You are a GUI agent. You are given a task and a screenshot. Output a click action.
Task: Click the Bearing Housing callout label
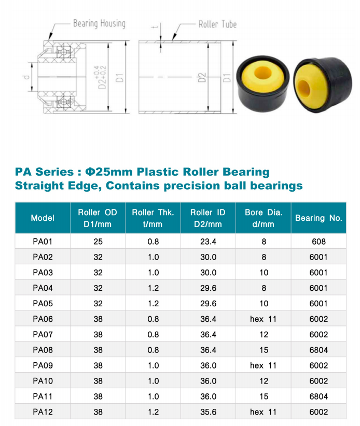[99, 24]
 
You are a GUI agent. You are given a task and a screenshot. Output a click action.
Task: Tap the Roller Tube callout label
[217, 24]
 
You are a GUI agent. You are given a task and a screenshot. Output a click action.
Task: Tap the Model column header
[43, 218]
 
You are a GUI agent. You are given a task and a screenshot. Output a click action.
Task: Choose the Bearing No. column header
[319, 218]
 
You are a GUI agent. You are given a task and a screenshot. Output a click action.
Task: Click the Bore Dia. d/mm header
[263, 218]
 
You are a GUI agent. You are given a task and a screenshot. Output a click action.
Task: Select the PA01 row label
[43, 241]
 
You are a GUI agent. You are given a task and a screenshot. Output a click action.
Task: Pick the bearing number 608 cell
[319, 241]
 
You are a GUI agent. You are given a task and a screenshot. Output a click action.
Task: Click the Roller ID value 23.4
[207, 241]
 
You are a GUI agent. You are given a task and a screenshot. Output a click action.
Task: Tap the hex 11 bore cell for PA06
[263, 319]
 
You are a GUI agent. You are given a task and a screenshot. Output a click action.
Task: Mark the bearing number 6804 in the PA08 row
[319, 350]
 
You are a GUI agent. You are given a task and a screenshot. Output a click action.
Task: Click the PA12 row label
[43, 412]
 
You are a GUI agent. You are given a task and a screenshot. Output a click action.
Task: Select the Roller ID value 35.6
[207, 412]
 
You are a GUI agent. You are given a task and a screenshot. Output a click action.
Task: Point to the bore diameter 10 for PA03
[264, 272]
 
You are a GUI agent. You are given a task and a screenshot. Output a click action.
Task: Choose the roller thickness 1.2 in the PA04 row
[153, 288]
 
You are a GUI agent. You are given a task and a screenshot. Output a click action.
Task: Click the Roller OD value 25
[98, 241]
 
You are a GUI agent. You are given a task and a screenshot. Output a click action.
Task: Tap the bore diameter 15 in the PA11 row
[264, 396]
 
